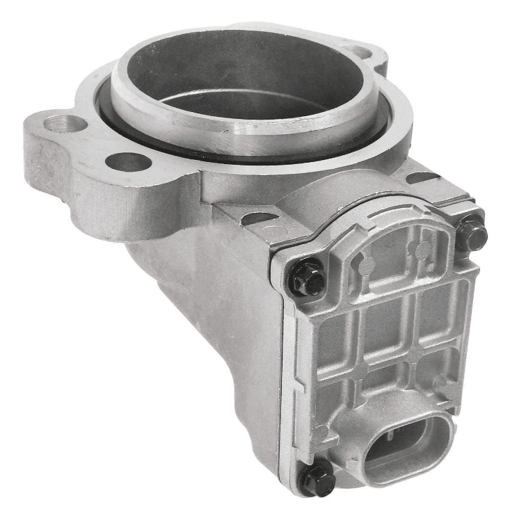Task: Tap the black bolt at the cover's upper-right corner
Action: (472, 235)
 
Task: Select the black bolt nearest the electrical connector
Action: (318, 478)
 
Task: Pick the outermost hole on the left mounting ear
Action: (64, 126)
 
